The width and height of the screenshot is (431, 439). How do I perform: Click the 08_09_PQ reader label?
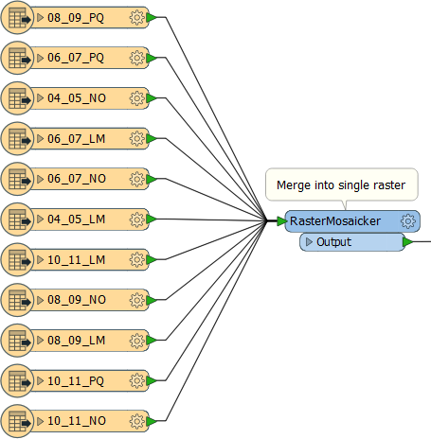tap(76, 18)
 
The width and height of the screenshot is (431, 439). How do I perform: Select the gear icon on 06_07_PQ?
tap(137, 58)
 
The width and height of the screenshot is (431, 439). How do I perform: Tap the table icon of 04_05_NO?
tap(17, 98)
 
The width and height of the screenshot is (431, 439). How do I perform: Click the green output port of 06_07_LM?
tap(152, 139)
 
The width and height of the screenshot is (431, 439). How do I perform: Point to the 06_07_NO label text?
tap(77, 179)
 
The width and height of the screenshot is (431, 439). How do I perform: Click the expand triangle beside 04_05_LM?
tap(40, 219)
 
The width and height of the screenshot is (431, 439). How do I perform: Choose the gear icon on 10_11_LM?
tap(137, 260)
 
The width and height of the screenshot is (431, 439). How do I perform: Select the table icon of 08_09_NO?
tap(17, 300)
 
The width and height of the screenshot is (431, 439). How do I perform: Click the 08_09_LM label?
tap(77, 341)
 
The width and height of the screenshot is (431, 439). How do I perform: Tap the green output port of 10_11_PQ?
tap(152, 380)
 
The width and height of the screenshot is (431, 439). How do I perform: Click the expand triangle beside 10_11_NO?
tap(40, 421)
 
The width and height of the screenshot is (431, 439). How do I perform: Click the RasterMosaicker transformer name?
tap(335, 221)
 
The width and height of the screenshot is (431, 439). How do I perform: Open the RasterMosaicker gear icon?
tap(408, 221)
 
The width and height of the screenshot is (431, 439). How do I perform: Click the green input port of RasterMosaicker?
tap(282, 221)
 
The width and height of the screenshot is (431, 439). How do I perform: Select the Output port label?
tap(333, 242)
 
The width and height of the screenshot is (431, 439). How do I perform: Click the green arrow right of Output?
tap(408, 242)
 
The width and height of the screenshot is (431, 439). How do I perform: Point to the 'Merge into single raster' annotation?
tap(341, 185)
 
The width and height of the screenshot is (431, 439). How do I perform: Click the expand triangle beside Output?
tap(309, 242)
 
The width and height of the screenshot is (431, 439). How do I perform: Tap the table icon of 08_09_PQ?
tap(17, 18)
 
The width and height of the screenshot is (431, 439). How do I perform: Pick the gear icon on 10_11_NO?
tap(137, 421)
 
